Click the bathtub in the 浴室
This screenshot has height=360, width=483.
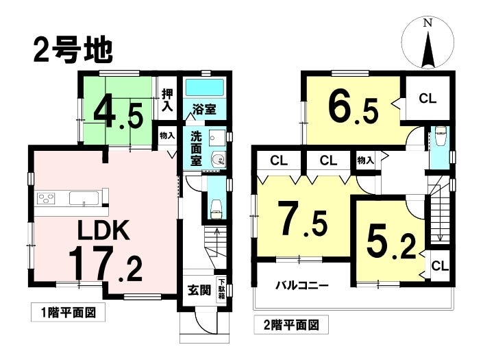pos(203,88)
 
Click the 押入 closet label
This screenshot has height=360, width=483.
pos(167,100)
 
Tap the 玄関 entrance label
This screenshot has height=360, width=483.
pos(199,289)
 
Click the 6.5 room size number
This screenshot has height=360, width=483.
pos(352,107)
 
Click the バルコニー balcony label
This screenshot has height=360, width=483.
pos(302,285)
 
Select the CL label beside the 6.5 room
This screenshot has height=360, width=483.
pos(427,98)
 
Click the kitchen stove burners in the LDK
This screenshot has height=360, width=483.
pos(46,200)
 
